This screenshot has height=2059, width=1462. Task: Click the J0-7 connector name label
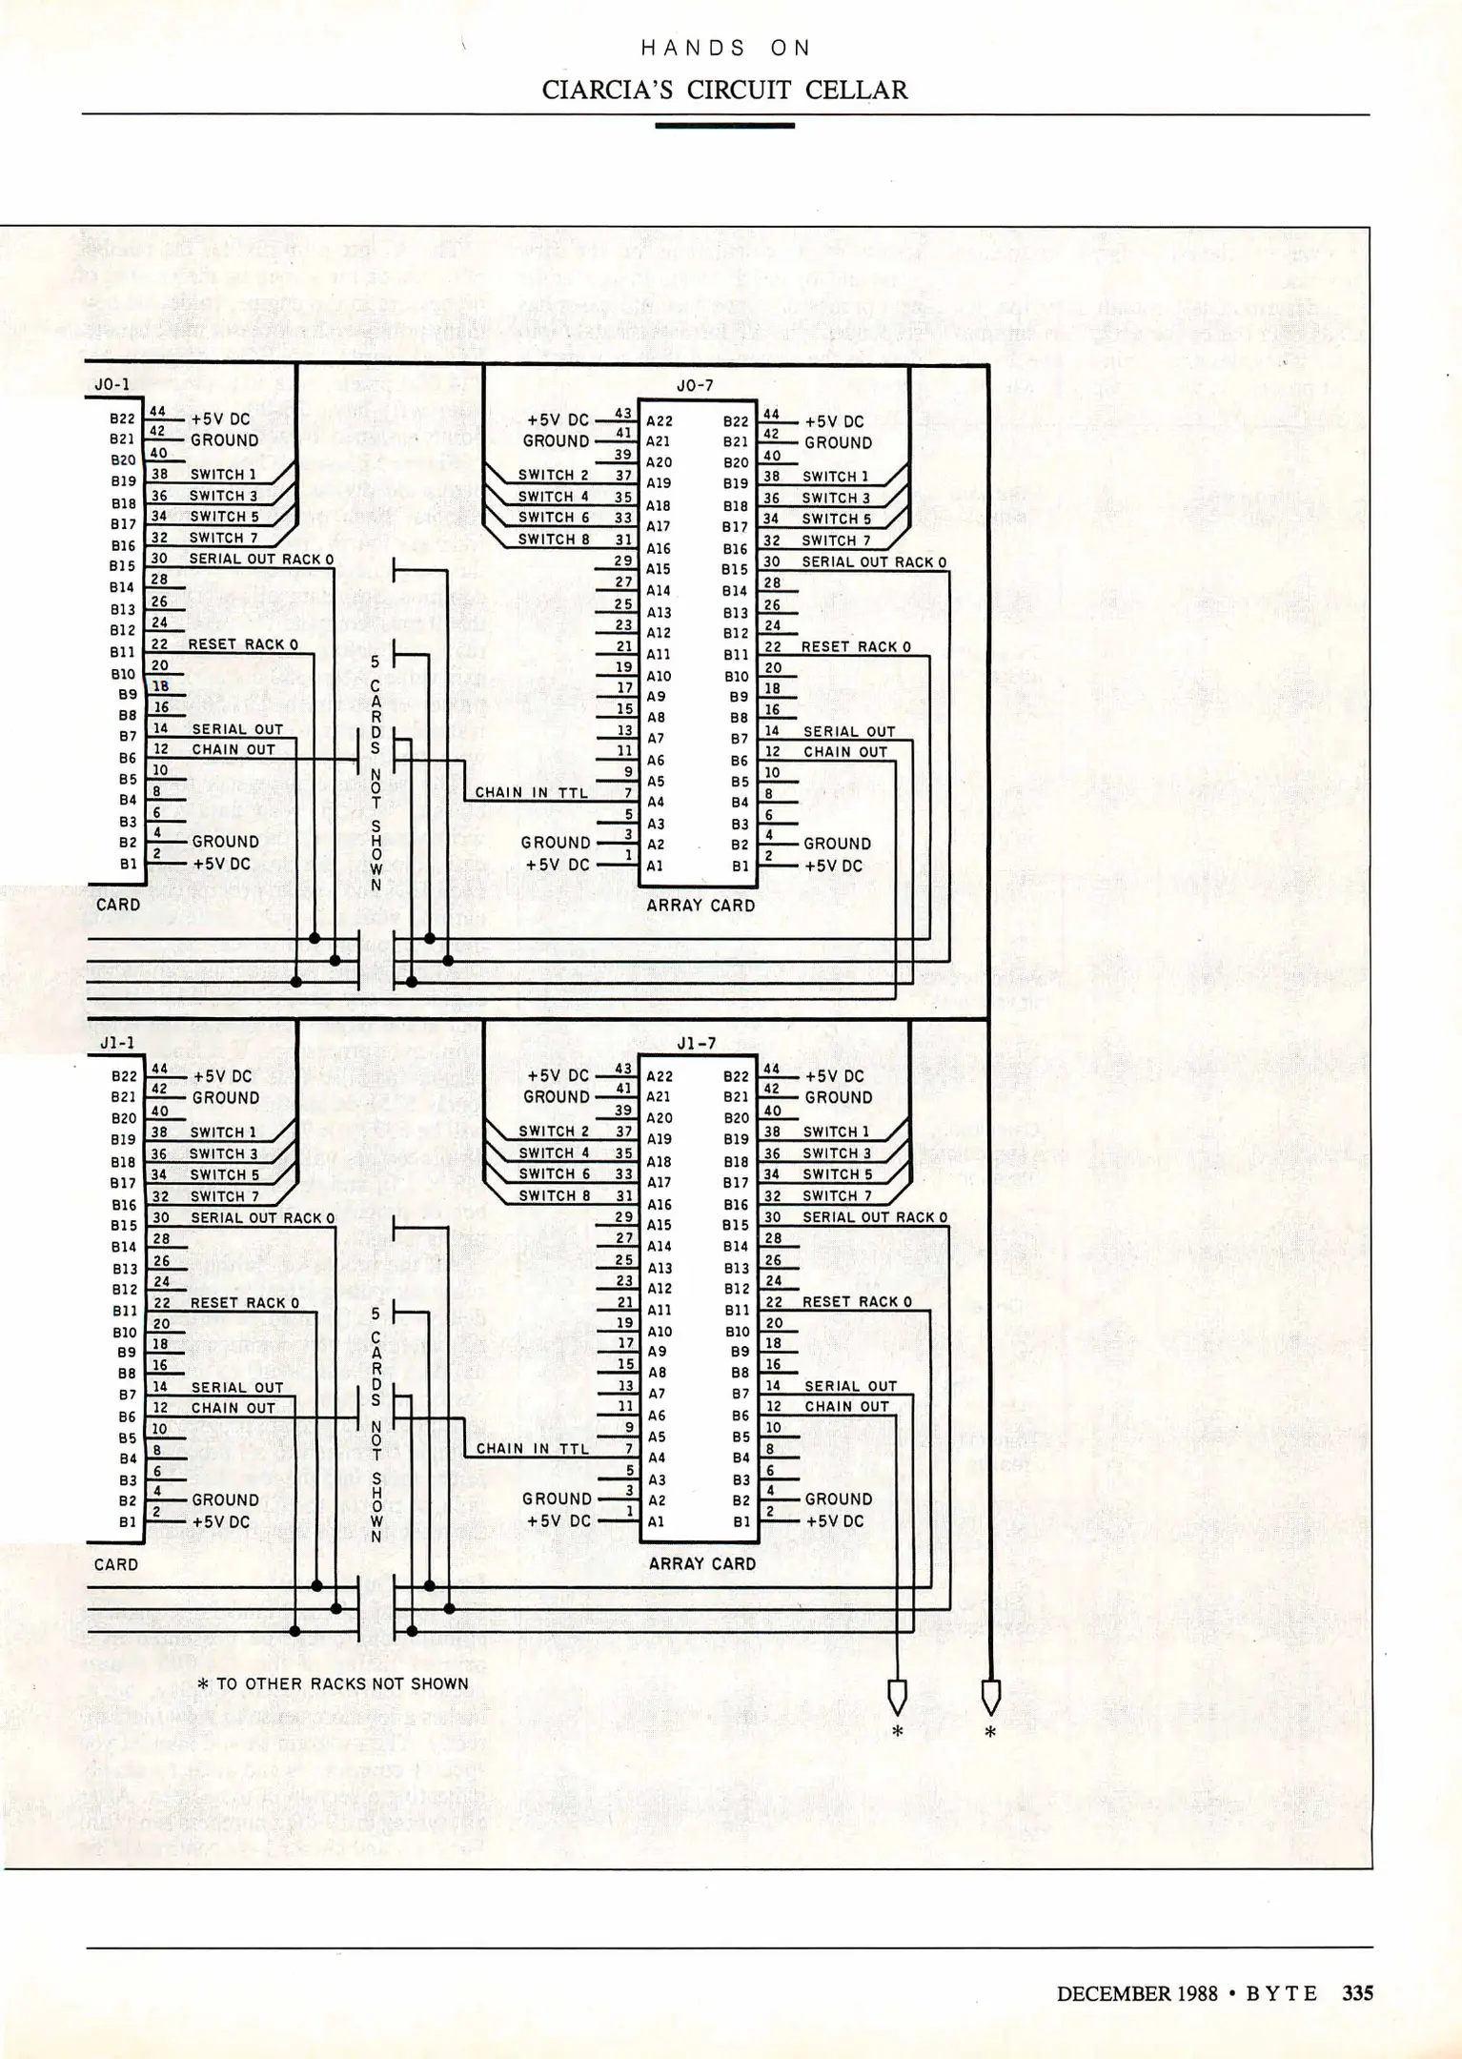click(x=695, y=386)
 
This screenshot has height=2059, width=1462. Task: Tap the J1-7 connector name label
click(x=696, y=1044)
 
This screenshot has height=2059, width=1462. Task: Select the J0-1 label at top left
click(x=112, y=385)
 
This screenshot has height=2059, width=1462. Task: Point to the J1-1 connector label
click(x=117, y=1044)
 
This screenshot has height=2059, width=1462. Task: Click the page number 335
click(x=1357, y=1993)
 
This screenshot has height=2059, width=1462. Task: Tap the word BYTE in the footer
click(x=1281, y=1993)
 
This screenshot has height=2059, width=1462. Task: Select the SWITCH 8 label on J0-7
click(x=553, y=540)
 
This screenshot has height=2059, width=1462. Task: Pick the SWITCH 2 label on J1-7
click(x=554, y=1131)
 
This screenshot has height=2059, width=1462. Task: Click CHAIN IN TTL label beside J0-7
click(x=532, y=792)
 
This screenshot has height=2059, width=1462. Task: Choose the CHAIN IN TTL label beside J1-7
click(x=533, y=1449)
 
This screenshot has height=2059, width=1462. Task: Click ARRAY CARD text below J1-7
click(x=701, y=1563)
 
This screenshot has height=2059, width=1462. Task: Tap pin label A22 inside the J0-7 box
click(x=660, y=421)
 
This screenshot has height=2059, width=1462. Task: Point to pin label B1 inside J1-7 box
click(x=741, y=1521)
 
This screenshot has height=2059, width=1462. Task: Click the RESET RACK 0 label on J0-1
click(x=243, y=644)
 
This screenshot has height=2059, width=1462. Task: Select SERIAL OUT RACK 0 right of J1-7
click(x=874, y=1217)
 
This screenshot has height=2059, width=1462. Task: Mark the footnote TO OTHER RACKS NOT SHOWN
click(x=334, y=1683)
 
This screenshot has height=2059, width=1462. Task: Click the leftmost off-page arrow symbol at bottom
click(x=897, y=1698)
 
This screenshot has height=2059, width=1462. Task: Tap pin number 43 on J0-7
click(x=623, y=413)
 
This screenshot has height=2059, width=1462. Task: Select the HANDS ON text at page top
click(x=724, y=49)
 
